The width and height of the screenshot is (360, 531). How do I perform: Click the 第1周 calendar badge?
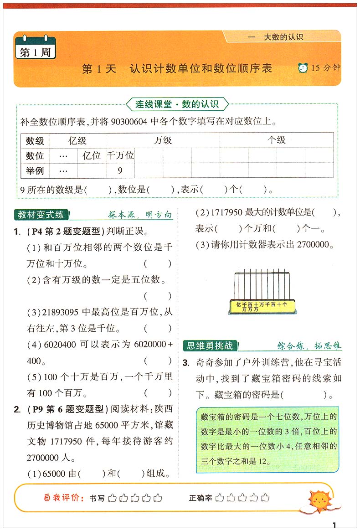[35, 51]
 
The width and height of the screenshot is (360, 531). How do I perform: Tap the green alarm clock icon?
[303, 68]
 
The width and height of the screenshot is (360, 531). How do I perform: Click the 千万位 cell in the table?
[120, 155]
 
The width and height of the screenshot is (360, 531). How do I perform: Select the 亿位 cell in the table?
[92, 155]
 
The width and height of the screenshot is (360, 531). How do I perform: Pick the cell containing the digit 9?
[120, 171]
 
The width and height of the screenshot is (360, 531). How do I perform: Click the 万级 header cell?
[163, 140]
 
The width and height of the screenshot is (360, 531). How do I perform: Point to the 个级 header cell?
[276, 140]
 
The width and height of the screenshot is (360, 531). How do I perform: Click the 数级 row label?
[35, 140]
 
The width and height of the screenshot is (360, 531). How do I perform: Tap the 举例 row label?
[35, 171]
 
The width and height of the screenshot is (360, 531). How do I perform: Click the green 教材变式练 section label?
[41, 214]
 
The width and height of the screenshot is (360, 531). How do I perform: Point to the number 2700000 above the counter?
[313, 244]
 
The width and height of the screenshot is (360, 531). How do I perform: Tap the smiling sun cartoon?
[324, 500]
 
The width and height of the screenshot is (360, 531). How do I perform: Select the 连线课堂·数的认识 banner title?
[177, 104]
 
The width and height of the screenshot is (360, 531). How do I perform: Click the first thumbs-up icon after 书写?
[112, 498]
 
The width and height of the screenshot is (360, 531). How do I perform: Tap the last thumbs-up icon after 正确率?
[264, 498]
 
